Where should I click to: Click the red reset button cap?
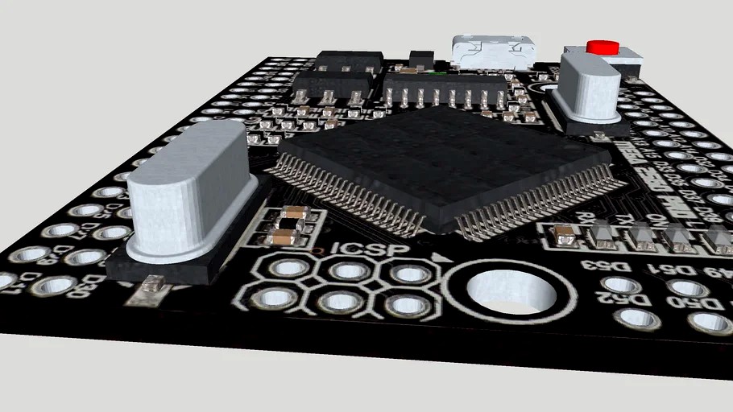601,47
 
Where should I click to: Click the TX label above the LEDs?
625,219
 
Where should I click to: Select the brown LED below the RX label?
565,235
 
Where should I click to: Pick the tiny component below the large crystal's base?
151,283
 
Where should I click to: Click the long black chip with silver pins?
445,87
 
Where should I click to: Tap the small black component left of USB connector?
420,59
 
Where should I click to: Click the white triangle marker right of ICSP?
438,258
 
